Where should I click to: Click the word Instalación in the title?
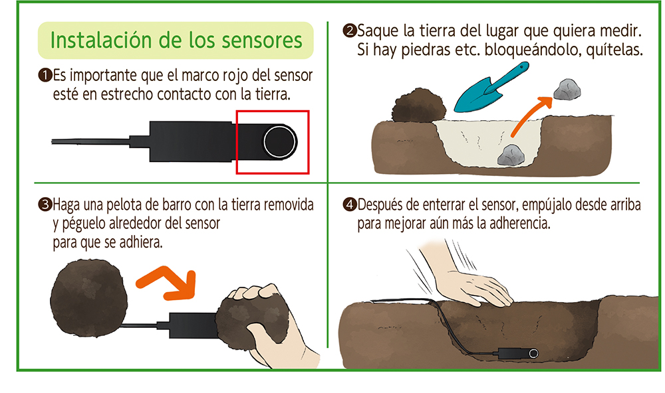pos(101,40)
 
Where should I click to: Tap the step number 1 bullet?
pos(45,76)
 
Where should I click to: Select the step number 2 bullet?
pos(350,31)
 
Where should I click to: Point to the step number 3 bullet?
pos(45,205)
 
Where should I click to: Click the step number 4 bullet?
pos(350,205)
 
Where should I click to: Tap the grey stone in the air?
pos(567,90)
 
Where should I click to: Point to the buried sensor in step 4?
pos(518,353)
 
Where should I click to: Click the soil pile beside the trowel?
pos(418,105)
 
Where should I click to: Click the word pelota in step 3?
pos(125,205)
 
